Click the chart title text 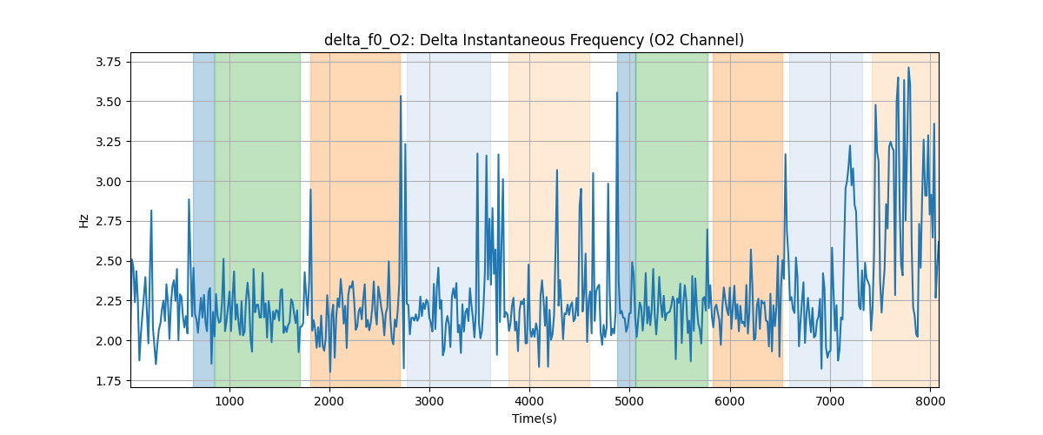click(534, 40)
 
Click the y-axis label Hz click(84, 220)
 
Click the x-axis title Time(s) click(534, 418)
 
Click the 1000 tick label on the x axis click(229, 401)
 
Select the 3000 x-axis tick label click(429, 401)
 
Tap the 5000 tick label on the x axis click(630, 401)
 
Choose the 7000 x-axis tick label click(830, 401)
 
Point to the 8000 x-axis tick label click(930, 401)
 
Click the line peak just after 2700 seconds click(401, 97)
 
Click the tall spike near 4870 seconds click(617, 93)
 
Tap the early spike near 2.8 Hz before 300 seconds click(151, 211)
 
